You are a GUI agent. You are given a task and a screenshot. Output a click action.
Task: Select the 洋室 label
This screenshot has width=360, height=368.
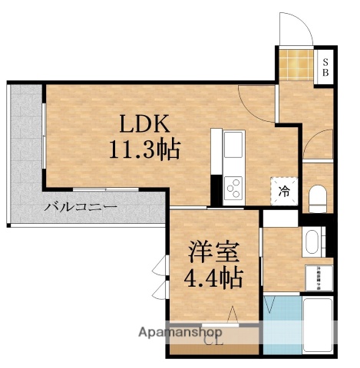click(214, 252)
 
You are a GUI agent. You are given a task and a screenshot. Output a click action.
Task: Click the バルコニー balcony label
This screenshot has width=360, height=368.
click(80, 207)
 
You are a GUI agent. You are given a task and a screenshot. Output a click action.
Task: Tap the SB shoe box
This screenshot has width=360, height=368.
click(325, 67)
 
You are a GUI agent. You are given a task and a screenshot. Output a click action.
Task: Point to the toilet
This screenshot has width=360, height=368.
click(316, 198)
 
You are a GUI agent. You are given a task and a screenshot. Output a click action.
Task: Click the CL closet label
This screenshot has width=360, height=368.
click(212, 342)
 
